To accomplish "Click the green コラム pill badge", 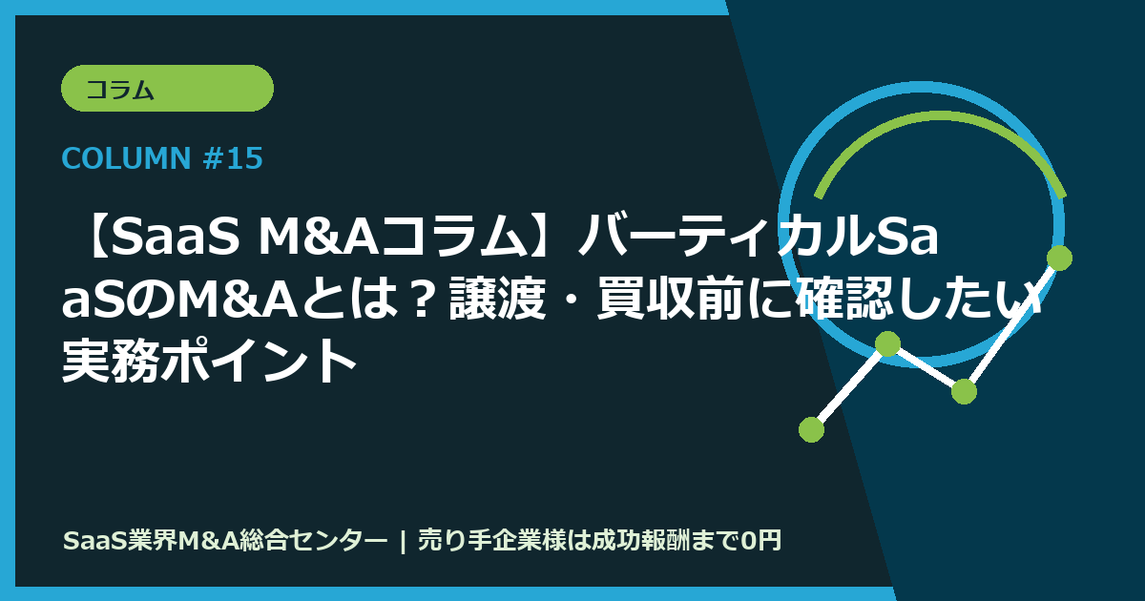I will [x=167, y=89].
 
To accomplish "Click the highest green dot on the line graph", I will [x=1059, y=258].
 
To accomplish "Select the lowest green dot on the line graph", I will [x=811, y=429].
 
